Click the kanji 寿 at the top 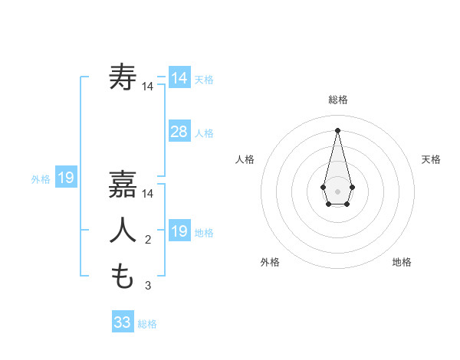(123, 77)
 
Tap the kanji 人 (123, 231)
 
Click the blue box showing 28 (179, 132)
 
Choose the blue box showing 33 (123, 322)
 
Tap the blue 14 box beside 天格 (179, 78)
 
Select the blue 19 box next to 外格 (66, 178)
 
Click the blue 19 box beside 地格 (179, 231)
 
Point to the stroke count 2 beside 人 (148, 241)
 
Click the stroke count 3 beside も (148, 286)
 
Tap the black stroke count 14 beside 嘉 (148, 194)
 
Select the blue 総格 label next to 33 (147, 324)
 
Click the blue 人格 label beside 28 (204, 133)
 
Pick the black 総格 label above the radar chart (337, 100)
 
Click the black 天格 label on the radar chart (431, 159)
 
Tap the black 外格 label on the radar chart (269, 262)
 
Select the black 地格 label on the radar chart (402, 262)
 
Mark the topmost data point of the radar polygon (337, 130)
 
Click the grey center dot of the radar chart (337, 191)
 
